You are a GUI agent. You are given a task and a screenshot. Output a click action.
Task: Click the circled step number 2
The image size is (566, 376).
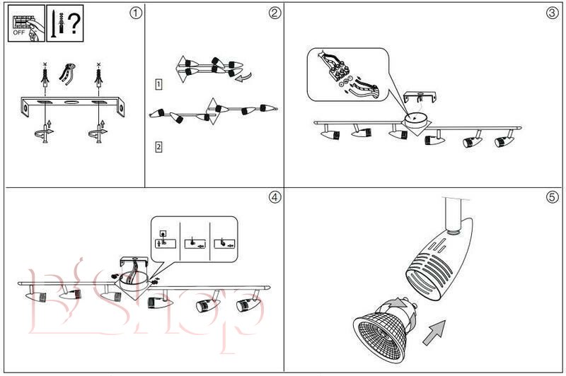tap(275, 13)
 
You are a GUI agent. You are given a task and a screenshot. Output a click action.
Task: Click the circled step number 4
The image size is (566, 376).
tap(275, 196)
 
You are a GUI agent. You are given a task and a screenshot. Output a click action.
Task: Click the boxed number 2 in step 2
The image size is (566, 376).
tap(159, 147)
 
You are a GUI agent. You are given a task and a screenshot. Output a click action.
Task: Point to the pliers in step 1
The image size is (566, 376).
tap(69, 73)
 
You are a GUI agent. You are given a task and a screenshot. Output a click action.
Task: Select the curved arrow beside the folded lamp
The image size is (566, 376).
tap(243, 78)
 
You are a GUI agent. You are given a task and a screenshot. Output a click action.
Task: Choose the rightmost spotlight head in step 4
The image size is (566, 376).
tap(246, 305)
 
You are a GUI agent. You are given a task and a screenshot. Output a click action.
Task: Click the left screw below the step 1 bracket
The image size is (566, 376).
tap(45, 134)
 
